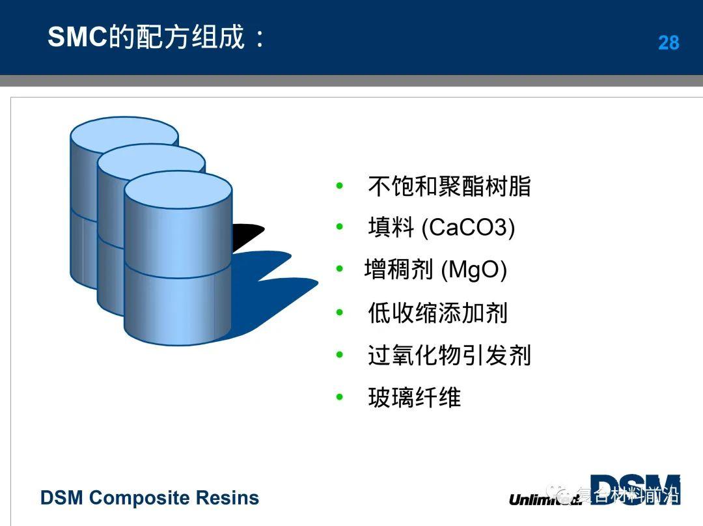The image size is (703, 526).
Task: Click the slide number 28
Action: (669, 43)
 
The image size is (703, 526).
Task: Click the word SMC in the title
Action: (77, 38)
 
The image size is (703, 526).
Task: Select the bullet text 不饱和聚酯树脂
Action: (449, 187)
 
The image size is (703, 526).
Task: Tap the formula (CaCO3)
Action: (468, 228)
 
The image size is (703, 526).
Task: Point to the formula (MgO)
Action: (474, 270)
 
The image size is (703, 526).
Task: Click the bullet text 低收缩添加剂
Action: (437, 313)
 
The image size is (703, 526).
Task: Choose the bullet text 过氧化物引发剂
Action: (449, 355)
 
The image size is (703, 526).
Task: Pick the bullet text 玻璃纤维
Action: (414, 398)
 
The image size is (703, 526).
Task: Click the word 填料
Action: (391, 228)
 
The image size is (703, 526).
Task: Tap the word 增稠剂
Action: (398, 270)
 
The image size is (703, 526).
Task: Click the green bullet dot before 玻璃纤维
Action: (339, 396)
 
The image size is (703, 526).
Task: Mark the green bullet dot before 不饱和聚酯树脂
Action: (339, 186)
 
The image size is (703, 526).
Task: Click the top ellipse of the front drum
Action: (178, 189)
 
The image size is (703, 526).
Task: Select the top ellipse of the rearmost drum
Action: (124, 133)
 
